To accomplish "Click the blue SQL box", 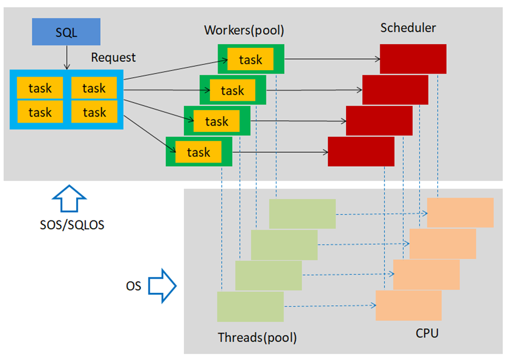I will (x=66, y=32).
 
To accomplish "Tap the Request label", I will (x=113, y=58).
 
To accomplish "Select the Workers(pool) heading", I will (x=248, y=30).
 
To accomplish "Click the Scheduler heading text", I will (x=408, y=28).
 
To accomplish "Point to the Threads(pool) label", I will (x=257, y=338).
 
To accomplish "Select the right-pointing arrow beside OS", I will (x=162, y=286).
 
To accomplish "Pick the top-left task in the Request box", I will (x=40, y=88).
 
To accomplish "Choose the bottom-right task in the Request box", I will (x=94, y=112).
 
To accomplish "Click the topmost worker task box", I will (x=251, y=60).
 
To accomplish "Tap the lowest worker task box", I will (x=199, y=152).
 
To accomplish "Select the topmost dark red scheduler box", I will (x=413, y=58).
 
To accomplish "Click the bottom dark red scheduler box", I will (x=361, y=151).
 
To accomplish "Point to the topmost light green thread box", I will (x=302, y=214).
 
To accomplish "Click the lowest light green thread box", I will (x=250, y=306).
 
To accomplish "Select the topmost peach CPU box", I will (x=460, y=212).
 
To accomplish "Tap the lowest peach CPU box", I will (x=409, y=305).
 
